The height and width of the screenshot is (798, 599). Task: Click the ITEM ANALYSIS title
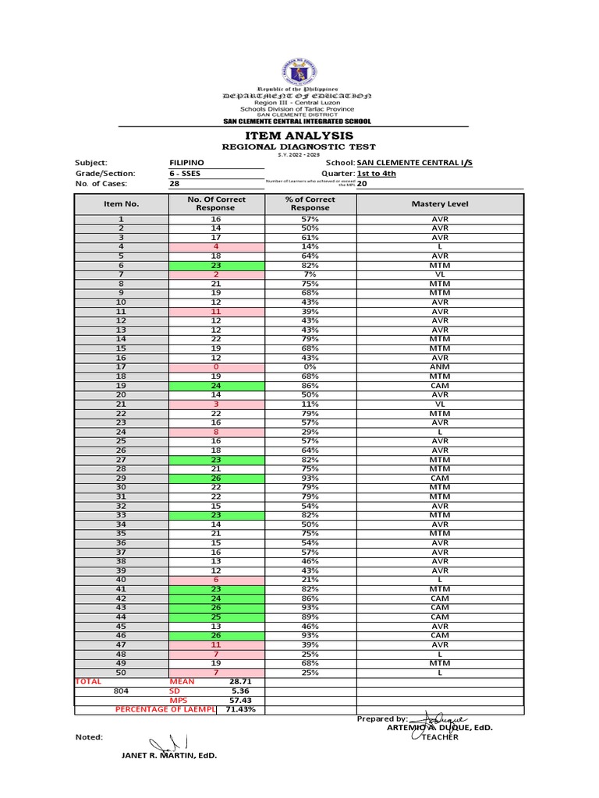point(299,136)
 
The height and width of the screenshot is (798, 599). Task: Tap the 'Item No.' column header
point(121,204)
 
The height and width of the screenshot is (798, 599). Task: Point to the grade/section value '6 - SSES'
point(186,174)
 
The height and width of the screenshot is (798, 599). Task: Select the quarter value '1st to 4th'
point(376,174)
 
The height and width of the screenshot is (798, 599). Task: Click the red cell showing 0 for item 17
point(215,367)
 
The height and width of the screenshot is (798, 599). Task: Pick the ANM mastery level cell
point(440,367)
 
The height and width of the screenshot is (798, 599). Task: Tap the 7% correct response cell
point(310,274)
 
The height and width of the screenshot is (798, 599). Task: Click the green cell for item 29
point(215,478)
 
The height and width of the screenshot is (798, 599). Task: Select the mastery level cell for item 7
point(440,274)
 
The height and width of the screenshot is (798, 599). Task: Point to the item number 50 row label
point(121,672)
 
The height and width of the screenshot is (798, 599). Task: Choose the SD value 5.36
point(239,690)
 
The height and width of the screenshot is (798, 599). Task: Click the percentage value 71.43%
point(240,710)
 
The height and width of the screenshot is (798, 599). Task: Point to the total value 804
point(121,690)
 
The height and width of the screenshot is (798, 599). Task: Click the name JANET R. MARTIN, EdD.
point(168,755)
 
